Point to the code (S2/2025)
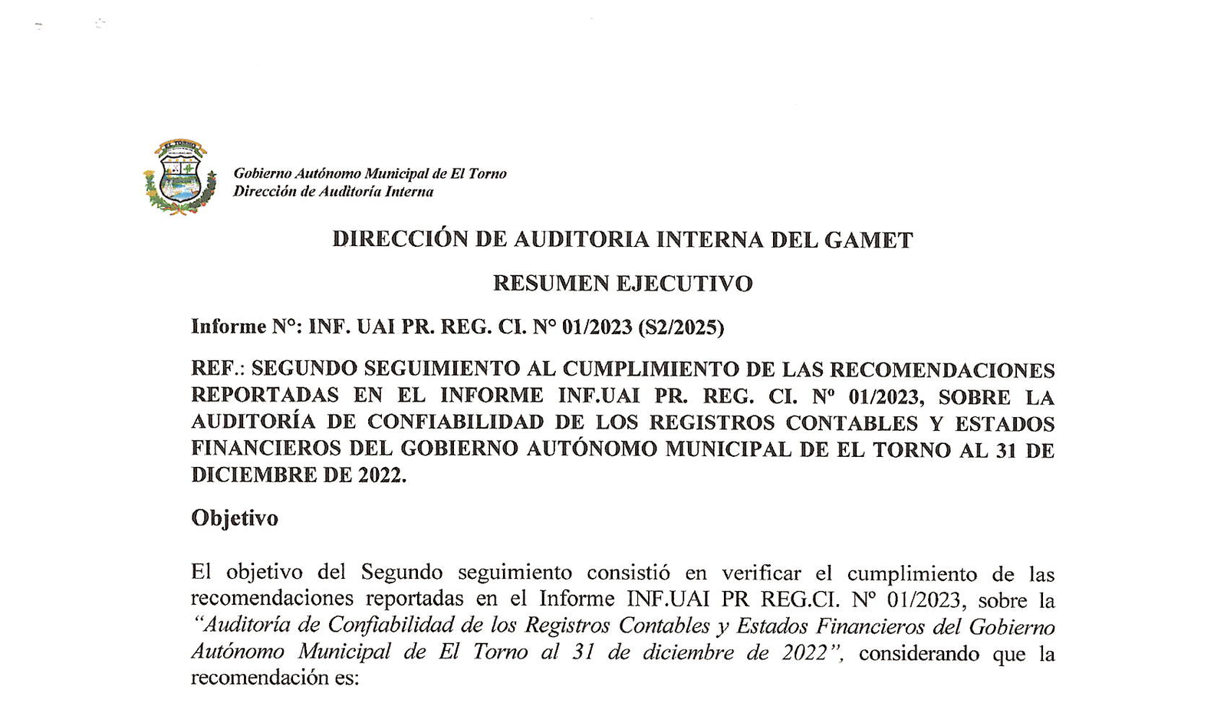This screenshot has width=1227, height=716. [680, 327]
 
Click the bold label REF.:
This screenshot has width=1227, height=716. [217, 369]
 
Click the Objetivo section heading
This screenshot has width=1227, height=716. [235, 518]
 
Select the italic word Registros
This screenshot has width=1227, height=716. [567, 626]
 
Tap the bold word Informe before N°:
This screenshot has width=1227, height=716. [229, 327]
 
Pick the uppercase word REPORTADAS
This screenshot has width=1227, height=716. [265, 396]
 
